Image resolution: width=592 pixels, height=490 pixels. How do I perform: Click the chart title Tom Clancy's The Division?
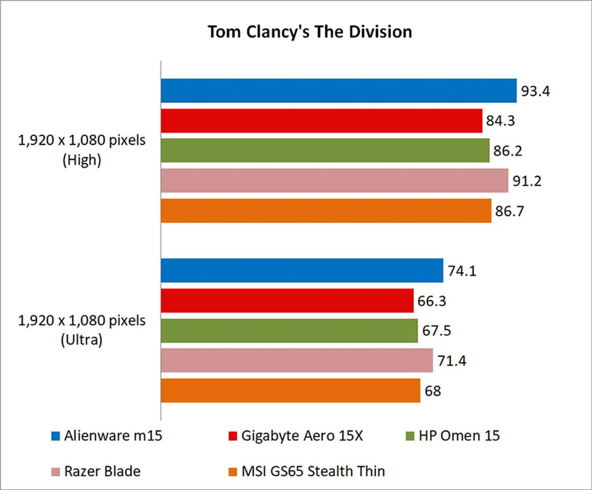point(310,32)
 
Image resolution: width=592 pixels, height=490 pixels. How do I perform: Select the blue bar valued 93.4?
point(339,91)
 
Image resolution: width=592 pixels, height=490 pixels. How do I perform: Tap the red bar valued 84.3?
point(321,121)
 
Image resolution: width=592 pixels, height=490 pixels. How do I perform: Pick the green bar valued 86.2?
point(325,150)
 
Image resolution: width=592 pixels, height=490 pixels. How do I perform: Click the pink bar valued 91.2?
point(334,180)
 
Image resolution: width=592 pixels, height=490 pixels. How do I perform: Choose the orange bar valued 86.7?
point(326,211)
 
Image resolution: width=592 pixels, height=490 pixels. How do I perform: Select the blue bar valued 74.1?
point(302,270)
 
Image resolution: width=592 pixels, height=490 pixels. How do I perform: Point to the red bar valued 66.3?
point(287,301)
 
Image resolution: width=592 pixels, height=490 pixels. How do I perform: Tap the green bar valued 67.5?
point(289,331)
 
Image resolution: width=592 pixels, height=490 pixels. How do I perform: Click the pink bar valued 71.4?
point(297,360)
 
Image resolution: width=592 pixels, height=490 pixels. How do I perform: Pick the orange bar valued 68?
point(290,391)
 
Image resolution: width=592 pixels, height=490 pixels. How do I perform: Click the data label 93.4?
point(535,91)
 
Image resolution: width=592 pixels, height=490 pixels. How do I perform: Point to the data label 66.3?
point(432,301)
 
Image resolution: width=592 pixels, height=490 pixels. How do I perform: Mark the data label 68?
point(433,391)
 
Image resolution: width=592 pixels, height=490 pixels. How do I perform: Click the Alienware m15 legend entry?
point(107,436)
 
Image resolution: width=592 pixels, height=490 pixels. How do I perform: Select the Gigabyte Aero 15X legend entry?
point(296,436)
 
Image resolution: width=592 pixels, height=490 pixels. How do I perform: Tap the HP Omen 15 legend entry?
point(453,436)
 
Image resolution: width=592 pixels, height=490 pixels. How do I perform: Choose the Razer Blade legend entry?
point(96,471)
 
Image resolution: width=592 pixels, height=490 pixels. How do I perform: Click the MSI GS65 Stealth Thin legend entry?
point(307,471)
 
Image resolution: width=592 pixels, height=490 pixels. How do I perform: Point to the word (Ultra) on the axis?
point(81,340)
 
